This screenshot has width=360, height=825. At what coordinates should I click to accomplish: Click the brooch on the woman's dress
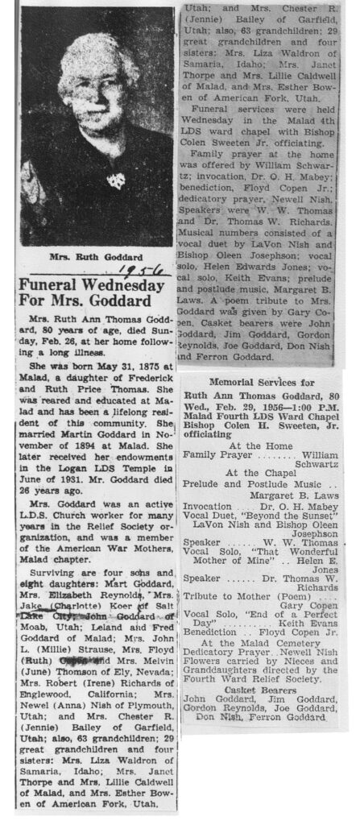tap(117, 180)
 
